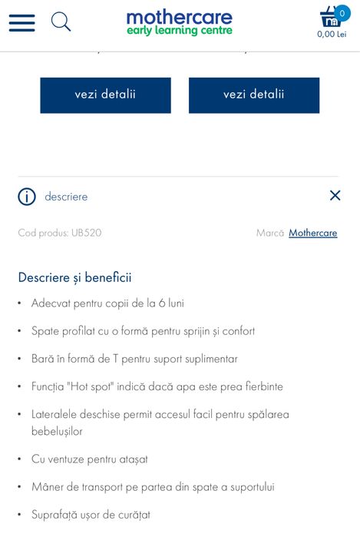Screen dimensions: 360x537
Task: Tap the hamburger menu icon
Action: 21,22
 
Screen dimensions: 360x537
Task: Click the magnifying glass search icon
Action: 61,22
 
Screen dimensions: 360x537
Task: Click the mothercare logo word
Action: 179,17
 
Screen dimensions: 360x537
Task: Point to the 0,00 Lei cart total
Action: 332,35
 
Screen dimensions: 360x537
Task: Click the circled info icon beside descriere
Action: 27,197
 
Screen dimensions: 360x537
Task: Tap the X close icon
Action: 335,195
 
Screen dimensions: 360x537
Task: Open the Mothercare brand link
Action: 312,233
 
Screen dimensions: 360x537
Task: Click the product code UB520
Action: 86,233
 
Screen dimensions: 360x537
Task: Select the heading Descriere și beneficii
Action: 74,277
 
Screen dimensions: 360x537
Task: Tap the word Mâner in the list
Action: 48,487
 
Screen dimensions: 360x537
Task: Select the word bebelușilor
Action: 57,431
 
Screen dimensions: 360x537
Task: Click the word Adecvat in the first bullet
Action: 51,303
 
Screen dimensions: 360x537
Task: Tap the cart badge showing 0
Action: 342,13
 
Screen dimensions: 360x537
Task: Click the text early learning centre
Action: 179,31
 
